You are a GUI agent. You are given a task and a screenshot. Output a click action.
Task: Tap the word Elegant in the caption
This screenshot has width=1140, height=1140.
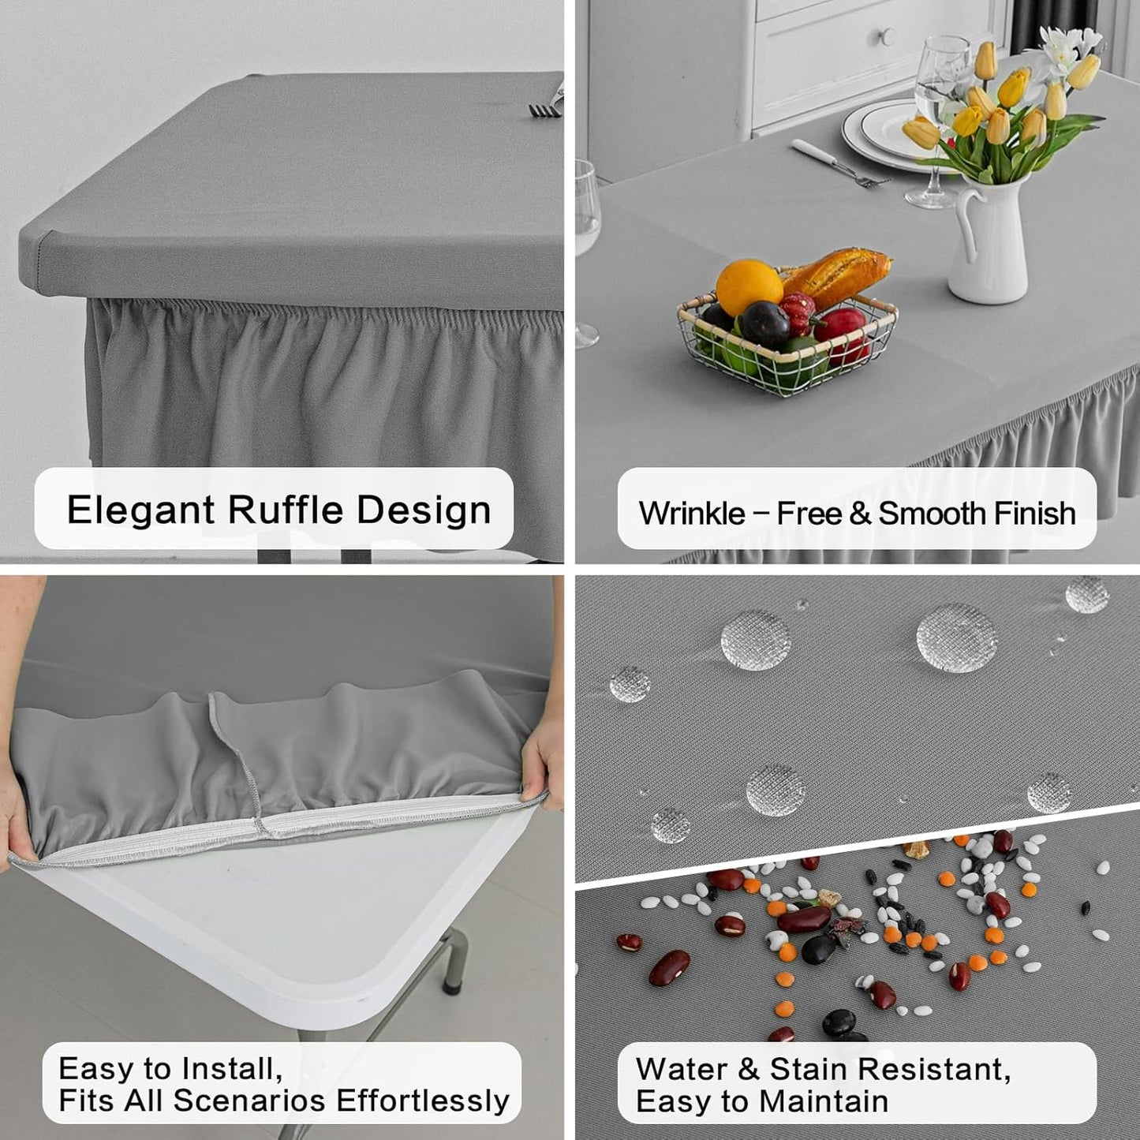click(x=140, y=510)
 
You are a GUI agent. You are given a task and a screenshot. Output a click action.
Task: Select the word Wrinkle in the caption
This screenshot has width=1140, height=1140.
click(x=691, y=514)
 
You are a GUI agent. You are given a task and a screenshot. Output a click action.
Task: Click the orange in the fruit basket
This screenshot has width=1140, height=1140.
click(x=749, y=286)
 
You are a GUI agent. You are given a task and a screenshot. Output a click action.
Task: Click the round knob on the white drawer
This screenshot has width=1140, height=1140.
click(x=887, y=36)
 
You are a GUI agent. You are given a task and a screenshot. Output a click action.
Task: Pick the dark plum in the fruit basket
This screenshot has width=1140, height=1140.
click(x=764, y=324)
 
